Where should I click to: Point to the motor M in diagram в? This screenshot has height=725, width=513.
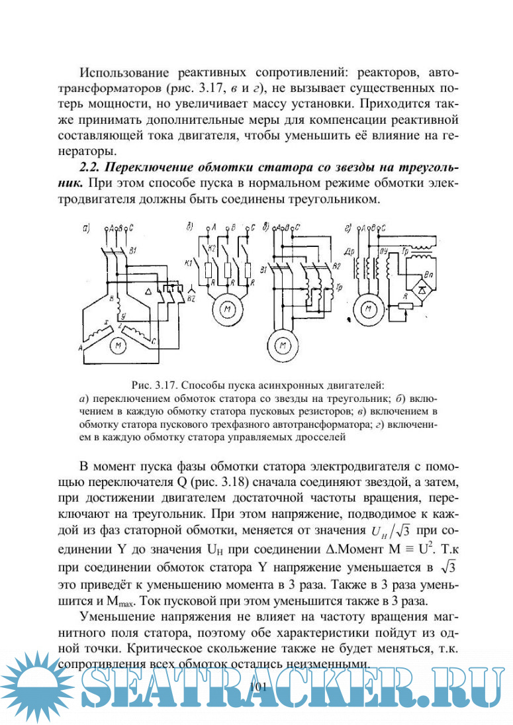click(283, 345)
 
